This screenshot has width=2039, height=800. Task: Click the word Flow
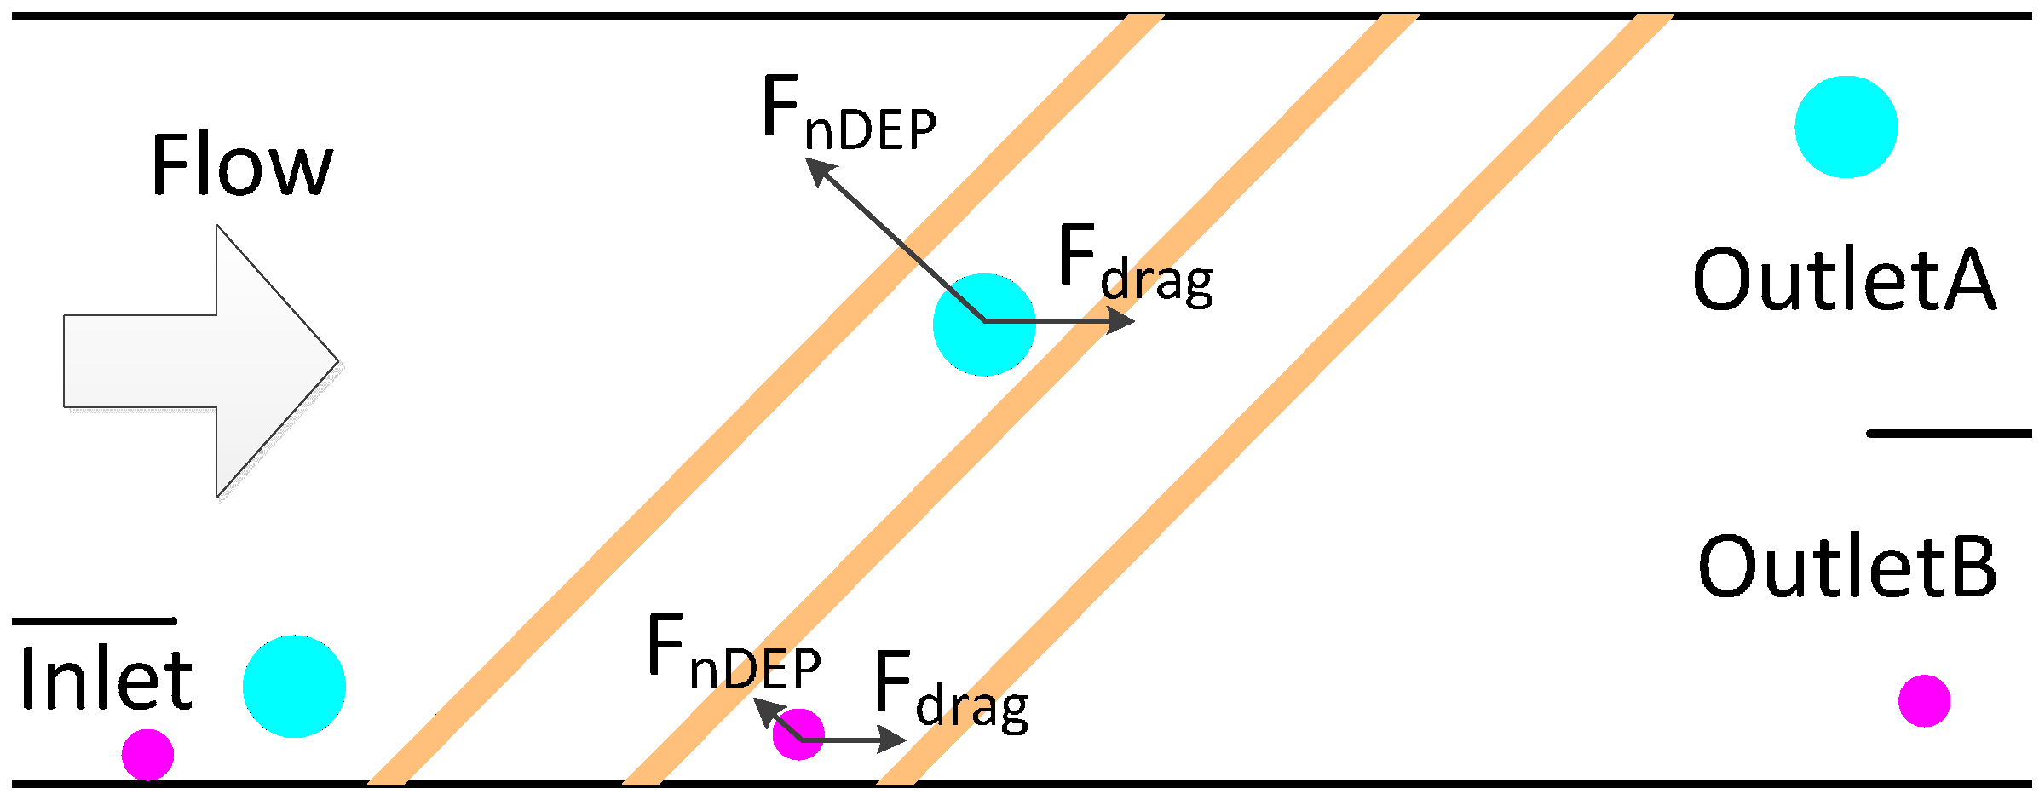(241, 165)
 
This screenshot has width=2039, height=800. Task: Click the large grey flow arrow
(200, 361)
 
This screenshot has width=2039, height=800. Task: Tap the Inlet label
(106, 679)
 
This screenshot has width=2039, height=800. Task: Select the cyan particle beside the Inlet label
(294, 686)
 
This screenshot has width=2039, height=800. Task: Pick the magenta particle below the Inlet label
(147, 755)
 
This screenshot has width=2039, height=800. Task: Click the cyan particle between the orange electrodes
(984, 325)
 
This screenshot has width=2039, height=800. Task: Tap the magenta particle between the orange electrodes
(798, 734)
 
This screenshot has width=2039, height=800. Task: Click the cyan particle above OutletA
(1846, 127)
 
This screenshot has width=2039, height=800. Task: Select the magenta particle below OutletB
(1924, 700)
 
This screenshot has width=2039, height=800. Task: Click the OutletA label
(1844, 279)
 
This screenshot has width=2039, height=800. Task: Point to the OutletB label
(1847, 567)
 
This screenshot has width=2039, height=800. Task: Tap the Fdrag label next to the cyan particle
(1134, 264)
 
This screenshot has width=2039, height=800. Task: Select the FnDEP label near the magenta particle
(734, 653)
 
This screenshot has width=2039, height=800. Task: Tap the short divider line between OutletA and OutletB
(1950, 434)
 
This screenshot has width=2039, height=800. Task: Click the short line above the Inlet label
(94, 621)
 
